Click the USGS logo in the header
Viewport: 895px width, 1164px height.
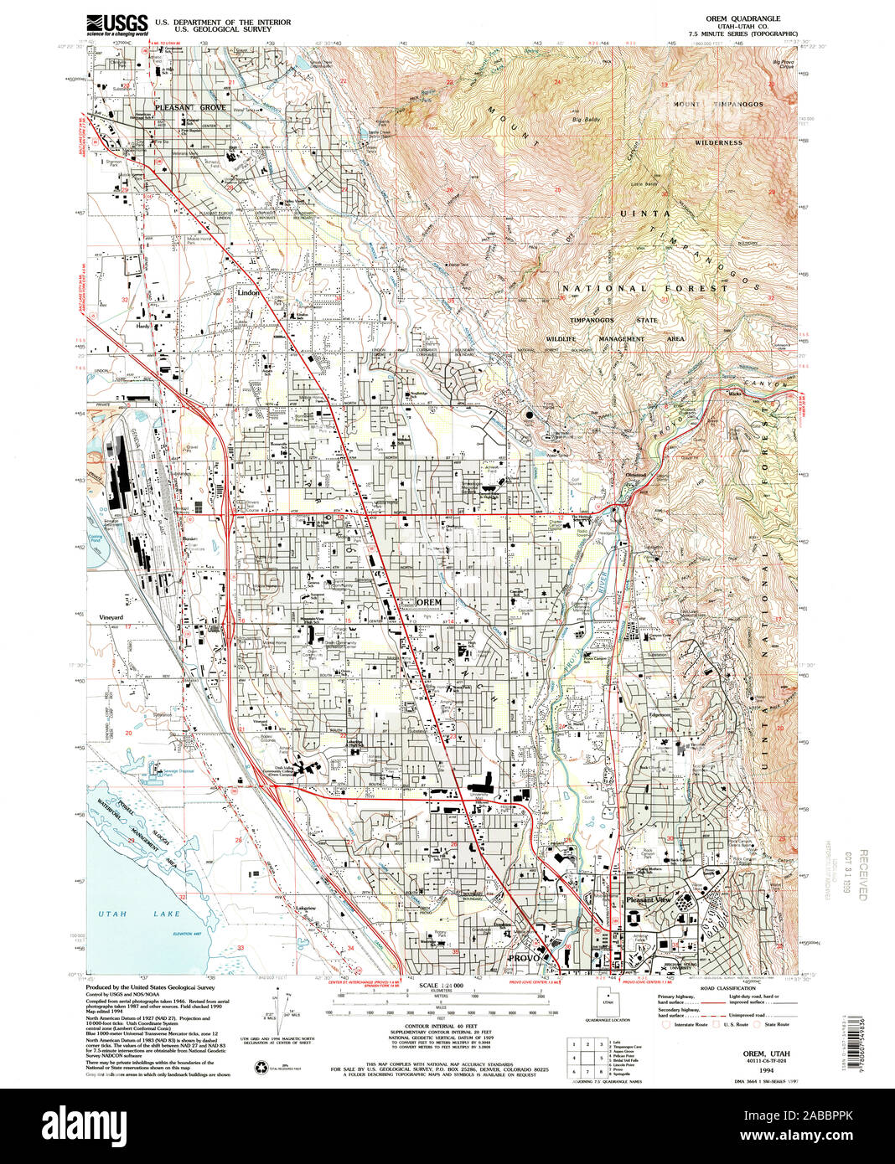click(x=117, y=23)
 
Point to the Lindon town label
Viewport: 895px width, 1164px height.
click(x=249, y=294)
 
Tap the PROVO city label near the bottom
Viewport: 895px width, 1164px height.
click(x=523, y=957)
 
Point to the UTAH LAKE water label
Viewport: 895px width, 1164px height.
click(x=123, y=914)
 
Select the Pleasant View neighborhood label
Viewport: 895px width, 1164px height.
click(x=649, y=900)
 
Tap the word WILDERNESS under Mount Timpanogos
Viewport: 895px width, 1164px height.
click(x=718, y=142)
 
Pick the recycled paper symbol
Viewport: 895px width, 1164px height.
click(x=259, y=1067)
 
